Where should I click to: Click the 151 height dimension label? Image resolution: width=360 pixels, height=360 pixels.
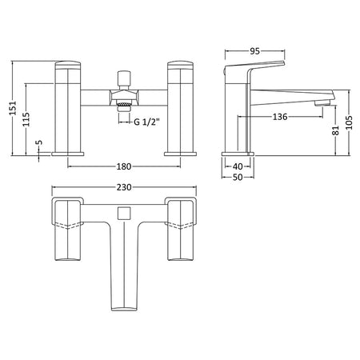(x=13, y=108)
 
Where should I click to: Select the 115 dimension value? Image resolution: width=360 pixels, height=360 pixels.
(x=26, y=119)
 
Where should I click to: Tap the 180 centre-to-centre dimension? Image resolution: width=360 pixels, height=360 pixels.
(x=124, y=166)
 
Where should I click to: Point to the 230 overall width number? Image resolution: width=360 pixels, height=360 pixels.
(x=124, y=187)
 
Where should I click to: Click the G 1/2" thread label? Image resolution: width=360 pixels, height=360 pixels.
(x=146, y=122)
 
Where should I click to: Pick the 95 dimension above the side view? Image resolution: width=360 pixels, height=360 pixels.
(x=254, y=51)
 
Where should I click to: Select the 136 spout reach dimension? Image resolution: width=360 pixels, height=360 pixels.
(x=280, y=117)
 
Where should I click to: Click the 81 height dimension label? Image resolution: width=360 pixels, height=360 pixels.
(x=336, y=130)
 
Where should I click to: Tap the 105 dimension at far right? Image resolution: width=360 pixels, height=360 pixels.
(x=349, y=122)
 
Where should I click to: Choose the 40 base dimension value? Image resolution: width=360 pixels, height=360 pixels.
(x=238, y=166)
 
